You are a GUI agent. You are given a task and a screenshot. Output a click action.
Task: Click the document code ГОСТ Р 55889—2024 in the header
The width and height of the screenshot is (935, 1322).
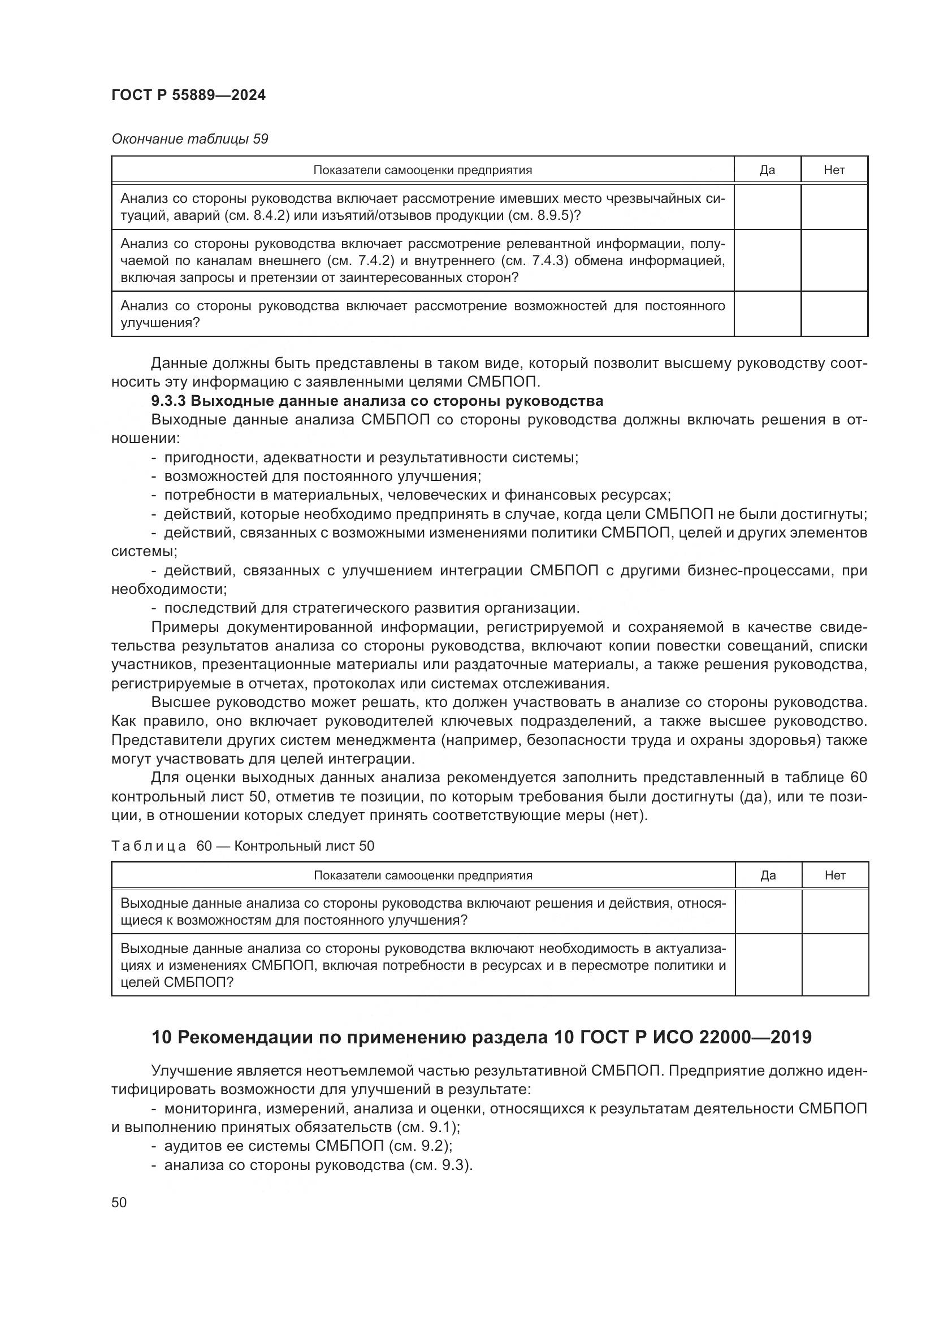point(188,96)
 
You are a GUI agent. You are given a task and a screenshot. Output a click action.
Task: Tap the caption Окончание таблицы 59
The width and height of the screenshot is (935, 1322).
point(189,140)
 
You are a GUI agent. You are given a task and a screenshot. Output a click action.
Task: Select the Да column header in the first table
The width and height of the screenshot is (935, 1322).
point(767,170)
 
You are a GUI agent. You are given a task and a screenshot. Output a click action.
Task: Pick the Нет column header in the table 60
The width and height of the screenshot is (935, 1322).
point(834,875)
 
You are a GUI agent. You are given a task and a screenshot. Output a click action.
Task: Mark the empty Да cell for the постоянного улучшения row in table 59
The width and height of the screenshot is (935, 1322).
point(767,314)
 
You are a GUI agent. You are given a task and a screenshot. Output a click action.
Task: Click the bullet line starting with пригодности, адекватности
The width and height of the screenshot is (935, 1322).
point(371,458)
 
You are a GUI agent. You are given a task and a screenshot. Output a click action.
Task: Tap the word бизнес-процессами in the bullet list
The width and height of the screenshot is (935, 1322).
point(759,571)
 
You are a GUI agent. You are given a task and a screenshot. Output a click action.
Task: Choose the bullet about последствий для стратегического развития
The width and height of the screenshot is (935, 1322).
point(372,608)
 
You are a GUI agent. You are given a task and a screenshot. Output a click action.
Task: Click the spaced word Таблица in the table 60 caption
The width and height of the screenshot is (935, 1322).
point(149,846)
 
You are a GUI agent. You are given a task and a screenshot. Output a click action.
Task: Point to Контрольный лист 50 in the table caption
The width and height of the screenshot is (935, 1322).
point(304,846)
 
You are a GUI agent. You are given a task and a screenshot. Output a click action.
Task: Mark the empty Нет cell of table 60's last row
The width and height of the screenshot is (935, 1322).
point(834,964)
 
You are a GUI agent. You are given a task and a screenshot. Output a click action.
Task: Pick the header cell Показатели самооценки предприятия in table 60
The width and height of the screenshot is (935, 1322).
point(423,875)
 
